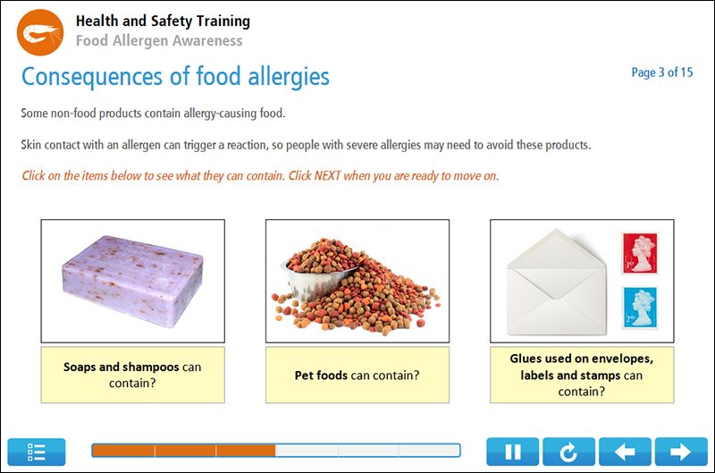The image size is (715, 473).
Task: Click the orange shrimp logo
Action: (40, 33)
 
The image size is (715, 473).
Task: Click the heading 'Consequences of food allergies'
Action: (175, 76)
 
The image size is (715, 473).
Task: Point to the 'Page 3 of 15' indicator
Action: (661, 72)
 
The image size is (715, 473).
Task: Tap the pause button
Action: (512, 452)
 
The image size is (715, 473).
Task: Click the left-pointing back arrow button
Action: (625, 452)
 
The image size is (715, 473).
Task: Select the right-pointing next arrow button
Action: (680, 452)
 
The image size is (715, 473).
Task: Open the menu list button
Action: (37, 452)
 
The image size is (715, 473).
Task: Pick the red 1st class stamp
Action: (639, 253)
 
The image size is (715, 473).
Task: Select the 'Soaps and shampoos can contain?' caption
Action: (132, 375)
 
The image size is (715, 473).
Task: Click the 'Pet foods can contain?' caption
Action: (357, 376)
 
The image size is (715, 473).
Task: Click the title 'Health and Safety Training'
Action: (163, 21)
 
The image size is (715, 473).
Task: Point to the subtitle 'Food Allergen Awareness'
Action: (158, 40)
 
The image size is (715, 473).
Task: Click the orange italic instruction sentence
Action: (260, 175)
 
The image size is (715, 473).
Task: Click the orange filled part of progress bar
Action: (183, 451)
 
